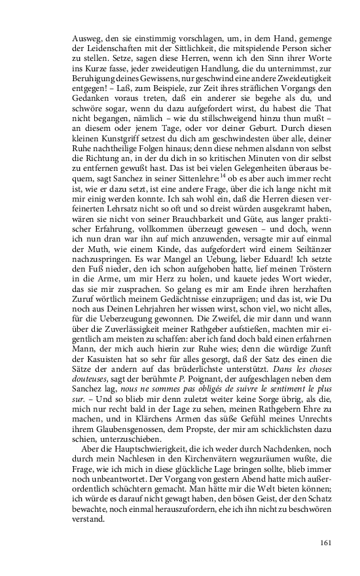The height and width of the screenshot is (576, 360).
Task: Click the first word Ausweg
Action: coord(86,38)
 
